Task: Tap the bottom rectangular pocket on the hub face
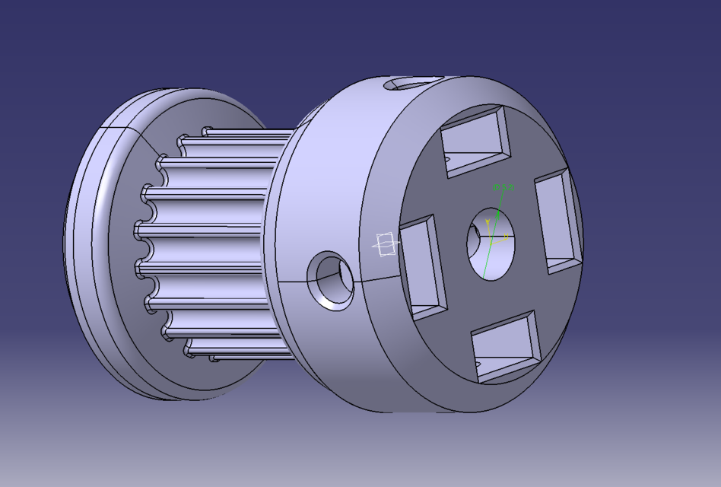505,346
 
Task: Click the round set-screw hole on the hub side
330,280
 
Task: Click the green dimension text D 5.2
503,186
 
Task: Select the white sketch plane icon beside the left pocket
386,244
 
